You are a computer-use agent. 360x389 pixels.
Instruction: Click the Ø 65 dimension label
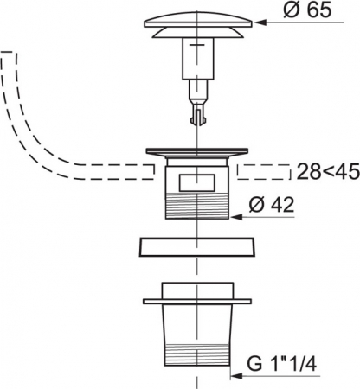307,10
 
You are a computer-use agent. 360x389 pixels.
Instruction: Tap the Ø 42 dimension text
272,205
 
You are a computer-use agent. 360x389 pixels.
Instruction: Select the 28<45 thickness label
328,171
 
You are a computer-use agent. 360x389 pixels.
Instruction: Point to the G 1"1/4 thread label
281,364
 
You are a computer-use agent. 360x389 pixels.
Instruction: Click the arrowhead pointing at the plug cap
259,22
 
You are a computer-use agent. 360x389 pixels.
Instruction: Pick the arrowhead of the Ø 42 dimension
235,217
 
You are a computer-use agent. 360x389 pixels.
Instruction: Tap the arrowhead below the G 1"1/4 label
236,376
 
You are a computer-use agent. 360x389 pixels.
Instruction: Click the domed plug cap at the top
198,19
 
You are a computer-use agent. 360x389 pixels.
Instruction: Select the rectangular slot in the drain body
197,182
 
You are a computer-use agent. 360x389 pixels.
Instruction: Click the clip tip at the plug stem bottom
197,118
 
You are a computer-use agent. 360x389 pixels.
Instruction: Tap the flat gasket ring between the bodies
197,247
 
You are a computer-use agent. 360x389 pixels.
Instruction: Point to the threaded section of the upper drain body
197,207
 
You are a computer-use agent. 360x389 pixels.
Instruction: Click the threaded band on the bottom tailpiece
197,355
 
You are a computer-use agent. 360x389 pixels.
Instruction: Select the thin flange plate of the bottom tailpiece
197,302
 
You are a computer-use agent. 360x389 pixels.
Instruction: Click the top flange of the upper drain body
197,151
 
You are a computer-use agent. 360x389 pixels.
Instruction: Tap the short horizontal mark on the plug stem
197,45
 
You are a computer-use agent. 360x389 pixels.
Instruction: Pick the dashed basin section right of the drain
264,172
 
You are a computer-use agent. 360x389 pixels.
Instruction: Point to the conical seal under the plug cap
198,33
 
